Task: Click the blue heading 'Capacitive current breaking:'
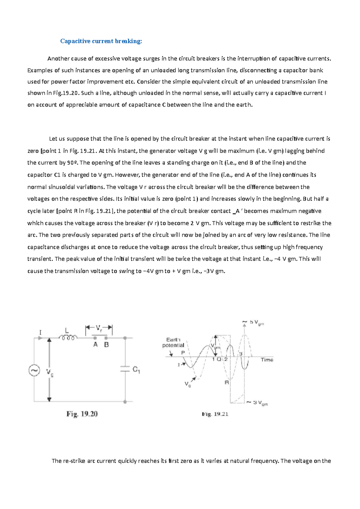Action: coord(101,41)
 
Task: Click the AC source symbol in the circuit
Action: coord(34,371)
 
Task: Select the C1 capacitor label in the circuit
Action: coord(136,370)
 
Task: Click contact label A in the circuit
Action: coord(95,345)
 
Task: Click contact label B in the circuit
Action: coord(106,345)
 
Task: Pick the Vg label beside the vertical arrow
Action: coord(50,373)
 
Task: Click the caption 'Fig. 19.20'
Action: coord(82,414)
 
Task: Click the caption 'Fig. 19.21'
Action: coord(215,414)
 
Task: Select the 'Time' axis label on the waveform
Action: coord(267,360)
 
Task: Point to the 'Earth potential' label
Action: coord(173,342)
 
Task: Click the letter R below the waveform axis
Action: coord(227,382)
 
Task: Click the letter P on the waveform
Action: coord(183,353)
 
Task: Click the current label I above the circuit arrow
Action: coord(40,332)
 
